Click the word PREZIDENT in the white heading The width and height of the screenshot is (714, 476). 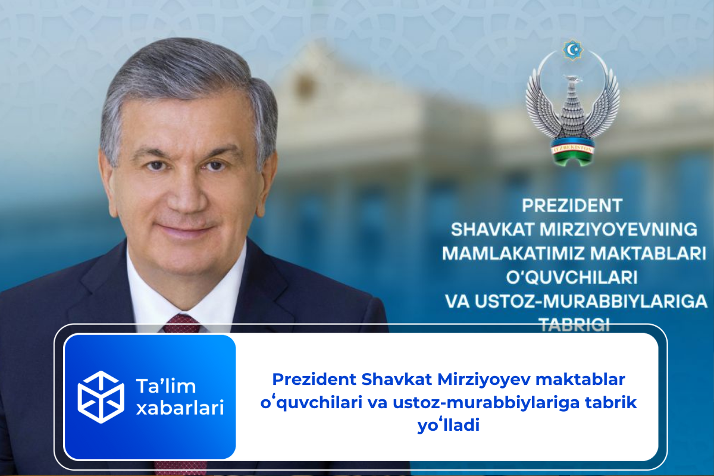pyautogui.click(x=572, y=205)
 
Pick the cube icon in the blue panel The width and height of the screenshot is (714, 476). pyautogui.click(x=101, y=396)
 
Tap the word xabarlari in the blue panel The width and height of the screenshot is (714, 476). pyautogui.click(x=180, y=408)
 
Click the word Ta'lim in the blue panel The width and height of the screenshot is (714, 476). pyautogui.click(x=166, y=386)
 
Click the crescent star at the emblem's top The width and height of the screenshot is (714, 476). pyautogui.click(x=572, y=50)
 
